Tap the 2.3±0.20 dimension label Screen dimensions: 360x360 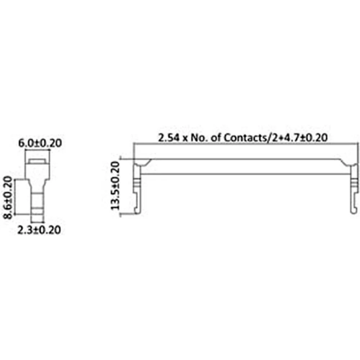(x=39, y=230)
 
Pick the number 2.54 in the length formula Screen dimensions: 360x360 (x=169, y=137)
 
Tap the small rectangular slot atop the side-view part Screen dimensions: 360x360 (x=37, y=162)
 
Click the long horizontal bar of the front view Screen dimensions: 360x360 (x=245, y=167)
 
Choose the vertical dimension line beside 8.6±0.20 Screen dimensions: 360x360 (x=14, y=197)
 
